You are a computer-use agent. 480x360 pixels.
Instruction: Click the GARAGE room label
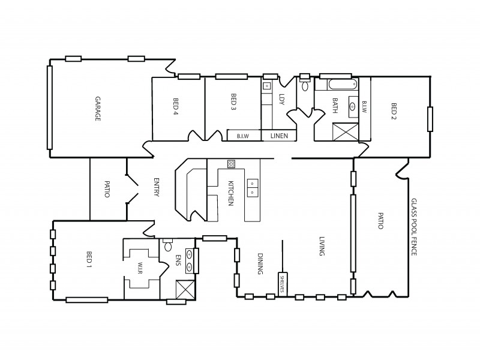[97, 109]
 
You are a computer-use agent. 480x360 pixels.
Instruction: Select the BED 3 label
[233, 103]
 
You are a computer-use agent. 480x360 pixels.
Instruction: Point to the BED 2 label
[394, 112]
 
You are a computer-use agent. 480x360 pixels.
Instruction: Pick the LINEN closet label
[280, 136]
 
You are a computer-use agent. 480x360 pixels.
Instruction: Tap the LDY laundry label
[281, 99]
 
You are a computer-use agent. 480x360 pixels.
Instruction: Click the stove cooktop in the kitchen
[231, 163]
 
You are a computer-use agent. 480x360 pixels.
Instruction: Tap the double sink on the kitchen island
[252, 188]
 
